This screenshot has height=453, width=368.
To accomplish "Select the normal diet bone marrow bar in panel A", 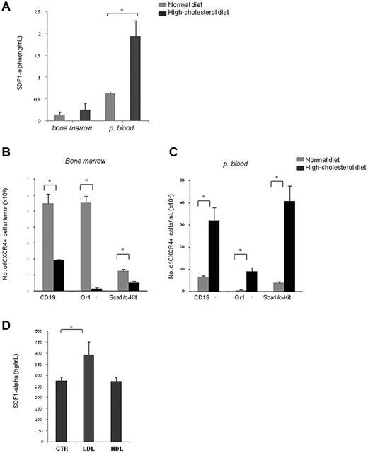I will [x=59, y=117].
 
